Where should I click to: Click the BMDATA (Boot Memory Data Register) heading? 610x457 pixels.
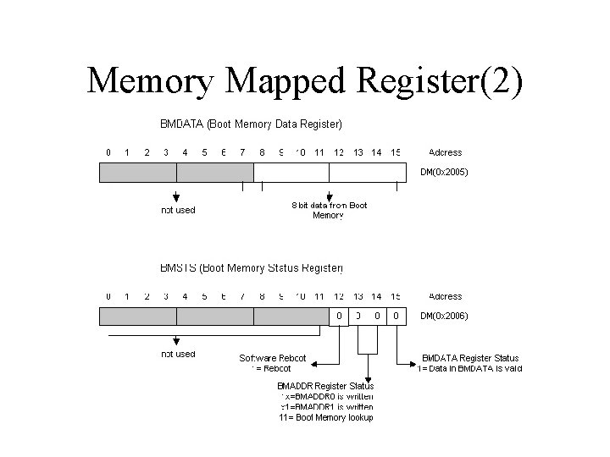[251, 124]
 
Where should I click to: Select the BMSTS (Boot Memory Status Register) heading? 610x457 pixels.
[251, 268]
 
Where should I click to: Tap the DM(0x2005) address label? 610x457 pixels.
[444, 173]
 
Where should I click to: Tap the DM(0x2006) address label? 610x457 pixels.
[444, 317]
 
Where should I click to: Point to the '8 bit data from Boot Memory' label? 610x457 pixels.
[329, 210]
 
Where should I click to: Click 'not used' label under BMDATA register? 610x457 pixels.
[178, 210]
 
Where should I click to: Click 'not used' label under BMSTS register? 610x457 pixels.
[178, 354]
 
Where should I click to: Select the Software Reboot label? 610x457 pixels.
[272, 358]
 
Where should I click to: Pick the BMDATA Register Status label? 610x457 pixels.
[470, 358]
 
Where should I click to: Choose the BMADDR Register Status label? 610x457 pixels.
[325, 386]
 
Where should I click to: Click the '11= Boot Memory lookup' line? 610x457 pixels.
[325, 416]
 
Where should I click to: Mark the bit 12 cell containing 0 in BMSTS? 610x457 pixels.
[339, 317]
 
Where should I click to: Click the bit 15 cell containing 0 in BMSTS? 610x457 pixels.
[396, 317]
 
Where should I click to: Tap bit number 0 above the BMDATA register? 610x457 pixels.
[108, 152]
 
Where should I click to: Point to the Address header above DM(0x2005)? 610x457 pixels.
[445, 152]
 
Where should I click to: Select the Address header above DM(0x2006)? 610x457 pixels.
[445, 296]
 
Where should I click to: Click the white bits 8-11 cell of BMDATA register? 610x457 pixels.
[291, 173]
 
